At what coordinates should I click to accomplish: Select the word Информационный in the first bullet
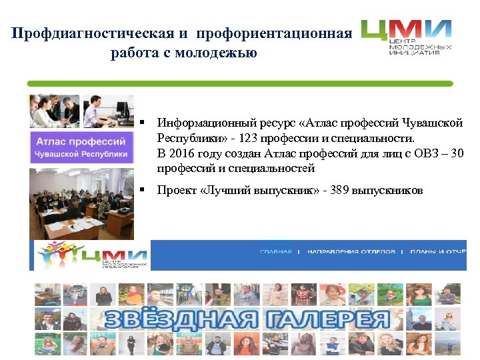(203, 124)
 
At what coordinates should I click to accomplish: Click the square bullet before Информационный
(142, 124)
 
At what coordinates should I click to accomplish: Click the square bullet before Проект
(142, 191)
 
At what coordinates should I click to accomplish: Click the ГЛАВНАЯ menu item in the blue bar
(275, 252)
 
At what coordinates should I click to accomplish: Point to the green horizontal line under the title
(240, 84)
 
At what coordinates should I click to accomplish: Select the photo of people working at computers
(81, 111)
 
